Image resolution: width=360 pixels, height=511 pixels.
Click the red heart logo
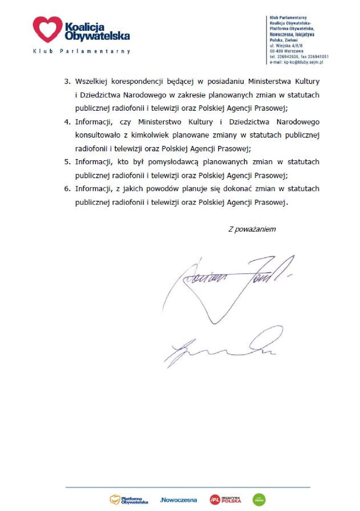click(48, 29)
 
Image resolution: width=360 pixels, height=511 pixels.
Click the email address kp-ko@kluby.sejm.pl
click(296, 62)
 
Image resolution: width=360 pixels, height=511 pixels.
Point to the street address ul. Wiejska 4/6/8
click(286, 46)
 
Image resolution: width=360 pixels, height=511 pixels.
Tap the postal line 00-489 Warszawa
click(286, 51)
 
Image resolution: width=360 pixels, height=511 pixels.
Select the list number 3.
click(67, 82)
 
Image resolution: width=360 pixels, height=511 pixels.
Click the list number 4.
click(67, 122)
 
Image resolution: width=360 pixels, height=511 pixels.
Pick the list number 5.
click(67, 162)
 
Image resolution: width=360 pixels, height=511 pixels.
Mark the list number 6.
click(67, 189)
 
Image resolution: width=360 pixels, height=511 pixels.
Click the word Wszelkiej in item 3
click(91, 82)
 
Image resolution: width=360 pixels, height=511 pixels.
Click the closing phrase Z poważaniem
click(252, 229)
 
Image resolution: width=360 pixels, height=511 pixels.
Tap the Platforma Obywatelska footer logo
click(129, 500)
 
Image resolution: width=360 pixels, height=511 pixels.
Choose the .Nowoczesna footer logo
click(178, 500)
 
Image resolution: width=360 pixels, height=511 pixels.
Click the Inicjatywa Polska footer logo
click(225, 500)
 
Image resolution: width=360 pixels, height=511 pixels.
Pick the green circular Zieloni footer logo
click(259, 500)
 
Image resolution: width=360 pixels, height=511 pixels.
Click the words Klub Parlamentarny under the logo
click(82, 51)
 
